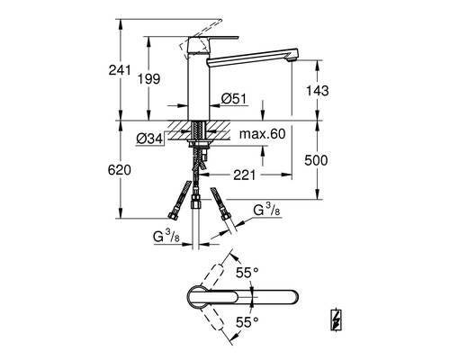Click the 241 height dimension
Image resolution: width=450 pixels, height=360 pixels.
click(120, 70)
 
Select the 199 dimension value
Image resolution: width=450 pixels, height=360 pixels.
click(148, 79)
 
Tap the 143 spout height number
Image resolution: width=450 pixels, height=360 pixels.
click(317, 90)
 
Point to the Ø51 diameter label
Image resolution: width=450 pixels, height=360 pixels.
click(234, 99)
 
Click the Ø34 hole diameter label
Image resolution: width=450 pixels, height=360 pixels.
click(149, 139)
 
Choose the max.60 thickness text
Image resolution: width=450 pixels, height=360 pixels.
click(263, 134)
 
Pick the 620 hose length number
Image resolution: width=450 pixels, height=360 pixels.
click(120, 170)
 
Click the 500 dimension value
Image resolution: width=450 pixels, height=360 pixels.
click(316, 160)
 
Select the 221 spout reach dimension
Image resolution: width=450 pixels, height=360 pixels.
click(245, 175)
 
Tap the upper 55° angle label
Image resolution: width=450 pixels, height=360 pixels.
click(247, 273)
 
